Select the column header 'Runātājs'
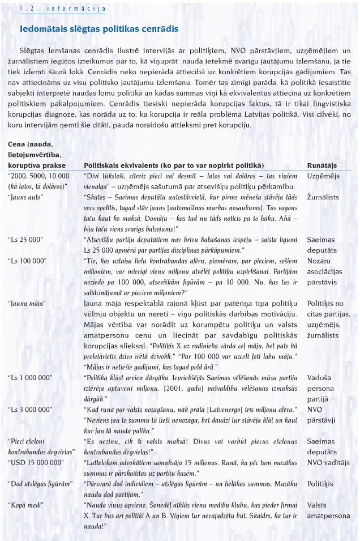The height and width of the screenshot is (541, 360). coord(322,165)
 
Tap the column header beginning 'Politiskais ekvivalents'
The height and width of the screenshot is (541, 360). coord(174,165)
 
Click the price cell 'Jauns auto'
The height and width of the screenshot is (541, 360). coord(26,197)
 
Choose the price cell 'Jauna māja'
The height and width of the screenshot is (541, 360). coord(27,303)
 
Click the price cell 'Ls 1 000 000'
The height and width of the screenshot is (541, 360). coord(30,377)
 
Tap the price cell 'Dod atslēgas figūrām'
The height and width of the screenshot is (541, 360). coord(40,483)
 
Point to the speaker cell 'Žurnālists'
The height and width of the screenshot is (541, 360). coord(323,197)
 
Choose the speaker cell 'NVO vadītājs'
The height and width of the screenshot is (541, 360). coord(328,462)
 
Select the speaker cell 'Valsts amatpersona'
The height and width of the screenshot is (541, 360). coord(329,510)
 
